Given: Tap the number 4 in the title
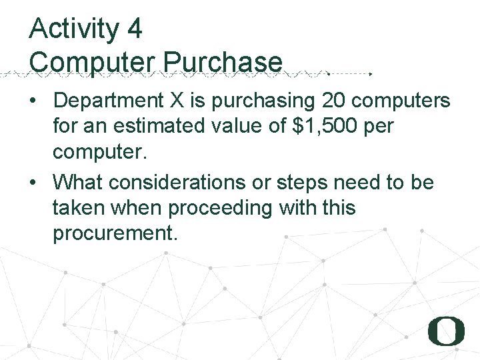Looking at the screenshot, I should coord(133,29).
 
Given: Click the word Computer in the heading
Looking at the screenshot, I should coord(92,61).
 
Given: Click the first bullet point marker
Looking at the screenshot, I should coord(33,101).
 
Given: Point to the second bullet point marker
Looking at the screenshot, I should coord(33,183).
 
